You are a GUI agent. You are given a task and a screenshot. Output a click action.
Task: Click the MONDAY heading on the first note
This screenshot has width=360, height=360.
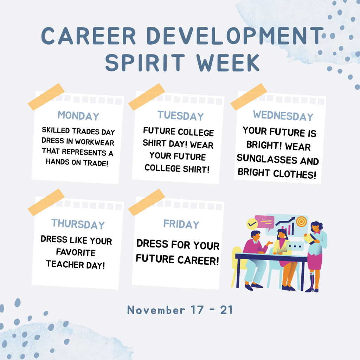click(78, 116)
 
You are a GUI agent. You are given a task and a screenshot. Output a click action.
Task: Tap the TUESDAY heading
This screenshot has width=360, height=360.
click(180, 116)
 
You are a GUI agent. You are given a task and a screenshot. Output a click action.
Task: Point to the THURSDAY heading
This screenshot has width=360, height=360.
click(78, 224)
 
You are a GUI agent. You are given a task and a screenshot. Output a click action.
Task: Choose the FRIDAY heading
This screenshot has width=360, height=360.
click(181, 224)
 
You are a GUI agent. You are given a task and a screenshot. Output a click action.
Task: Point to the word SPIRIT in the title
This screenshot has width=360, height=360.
click(144, 63)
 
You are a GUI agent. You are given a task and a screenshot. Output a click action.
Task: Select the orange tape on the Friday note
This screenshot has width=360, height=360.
click(147, 202)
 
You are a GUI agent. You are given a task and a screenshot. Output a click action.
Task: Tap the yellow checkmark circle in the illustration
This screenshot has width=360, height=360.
click(252, 224)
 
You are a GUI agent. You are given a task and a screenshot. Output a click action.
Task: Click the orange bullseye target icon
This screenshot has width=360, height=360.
click(301, 221)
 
